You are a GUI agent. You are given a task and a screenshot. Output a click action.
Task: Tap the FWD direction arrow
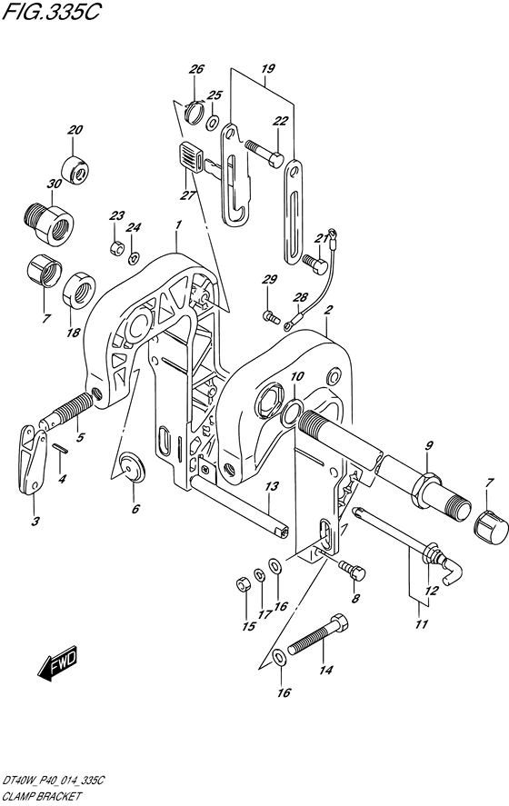tap(57, 663)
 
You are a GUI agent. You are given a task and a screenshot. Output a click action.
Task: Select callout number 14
tap(326, 671)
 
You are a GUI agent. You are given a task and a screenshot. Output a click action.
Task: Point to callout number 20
tap(75, 130)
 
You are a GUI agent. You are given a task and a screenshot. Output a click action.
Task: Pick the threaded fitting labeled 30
tap(48, 220)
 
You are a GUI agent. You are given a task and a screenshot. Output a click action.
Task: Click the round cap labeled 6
tap(132, 467)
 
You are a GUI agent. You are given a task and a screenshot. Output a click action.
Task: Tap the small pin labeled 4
tap(60, 448)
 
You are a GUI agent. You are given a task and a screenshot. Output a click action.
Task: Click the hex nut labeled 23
tap(117, 248)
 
